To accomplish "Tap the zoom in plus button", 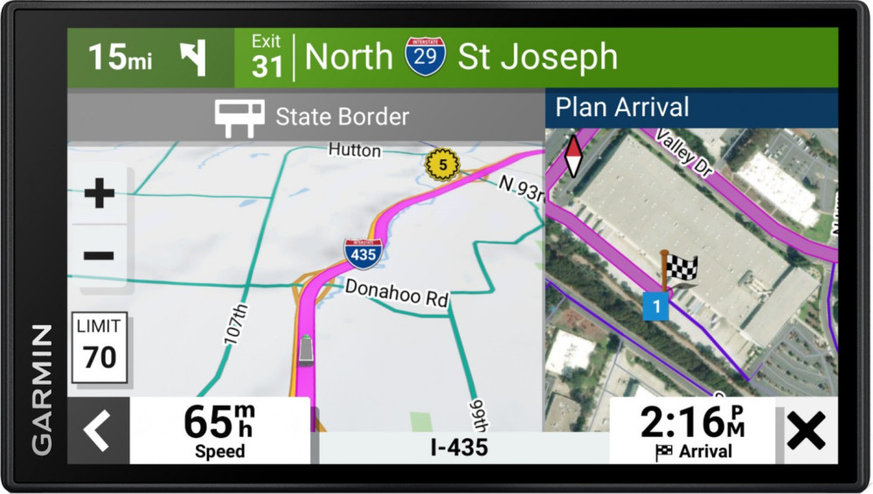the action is click(x=99, y=193).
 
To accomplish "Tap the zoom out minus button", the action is click(x=99, y=255).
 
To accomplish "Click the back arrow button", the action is click(x=97, y=430).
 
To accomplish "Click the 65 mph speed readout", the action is click(x=219, y=429).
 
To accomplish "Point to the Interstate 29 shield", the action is click(x=425, y=56).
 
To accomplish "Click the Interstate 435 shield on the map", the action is click(x=362, y=253).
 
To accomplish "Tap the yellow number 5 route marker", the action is click(x=442, y=164).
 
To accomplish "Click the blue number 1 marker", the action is click(x=655, y=306).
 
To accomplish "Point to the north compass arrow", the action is click(x=572, y=156).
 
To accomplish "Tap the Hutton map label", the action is click(x=354, y=150).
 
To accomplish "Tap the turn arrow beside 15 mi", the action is click(x=192, y=58).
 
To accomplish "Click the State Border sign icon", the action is click(x=239, y=117).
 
